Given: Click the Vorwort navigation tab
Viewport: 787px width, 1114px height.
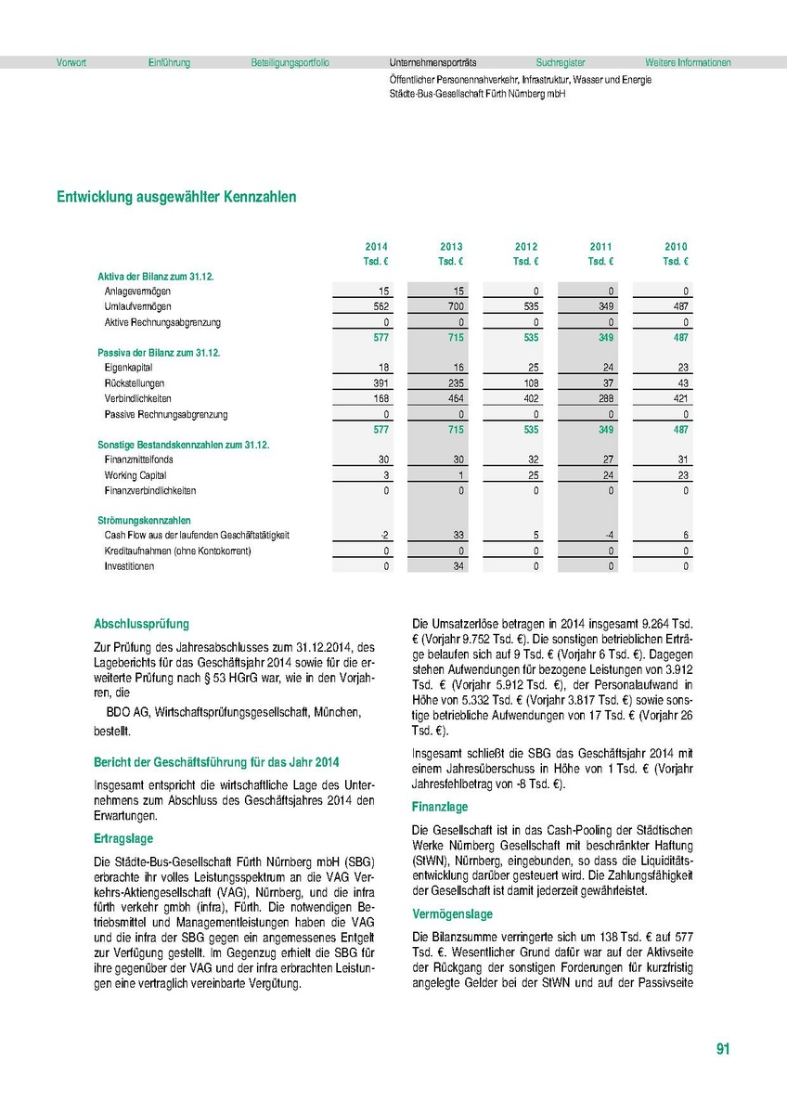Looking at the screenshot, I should click(x=71, y=63).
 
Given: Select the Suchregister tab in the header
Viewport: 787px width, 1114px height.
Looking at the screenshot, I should click(x=561, y=63).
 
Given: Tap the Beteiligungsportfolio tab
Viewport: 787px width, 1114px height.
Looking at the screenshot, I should click(x=290, y=63).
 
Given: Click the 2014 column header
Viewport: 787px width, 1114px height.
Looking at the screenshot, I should click(x=376, y=247).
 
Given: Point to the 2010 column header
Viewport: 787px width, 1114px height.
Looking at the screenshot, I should click(x=676, y=247).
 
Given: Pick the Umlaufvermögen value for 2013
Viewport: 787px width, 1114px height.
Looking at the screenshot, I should click(x=451, y=306).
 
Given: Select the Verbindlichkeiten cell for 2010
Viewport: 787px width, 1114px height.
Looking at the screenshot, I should click(x=677, y=398).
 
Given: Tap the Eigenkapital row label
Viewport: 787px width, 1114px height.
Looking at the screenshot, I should click(x=129, y=368).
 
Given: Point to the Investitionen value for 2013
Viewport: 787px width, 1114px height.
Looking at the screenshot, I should click(x=455, y=566).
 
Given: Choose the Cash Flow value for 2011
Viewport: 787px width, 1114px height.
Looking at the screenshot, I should click(x=605, y=536).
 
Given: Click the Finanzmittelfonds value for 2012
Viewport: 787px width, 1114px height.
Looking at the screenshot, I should click(x=530, y=459).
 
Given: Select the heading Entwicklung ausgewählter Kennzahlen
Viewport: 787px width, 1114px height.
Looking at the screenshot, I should click(x=176, y=198).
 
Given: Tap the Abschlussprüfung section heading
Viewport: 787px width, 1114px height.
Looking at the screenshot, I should click(x=141, y=625).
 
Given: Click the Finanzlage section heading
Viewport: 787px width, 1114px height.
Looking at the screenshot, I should click(x=440, y=808).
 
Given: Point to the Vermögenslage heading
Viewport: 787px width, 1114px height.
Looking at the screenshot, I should click(x=452, y=914).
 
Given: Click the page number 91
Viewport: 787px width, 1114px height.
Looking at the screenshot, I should click(x=724, y=1050).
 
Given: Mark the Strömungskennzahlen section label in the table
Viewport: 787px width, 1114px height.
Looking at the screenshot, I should click(x=144, y=521).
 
